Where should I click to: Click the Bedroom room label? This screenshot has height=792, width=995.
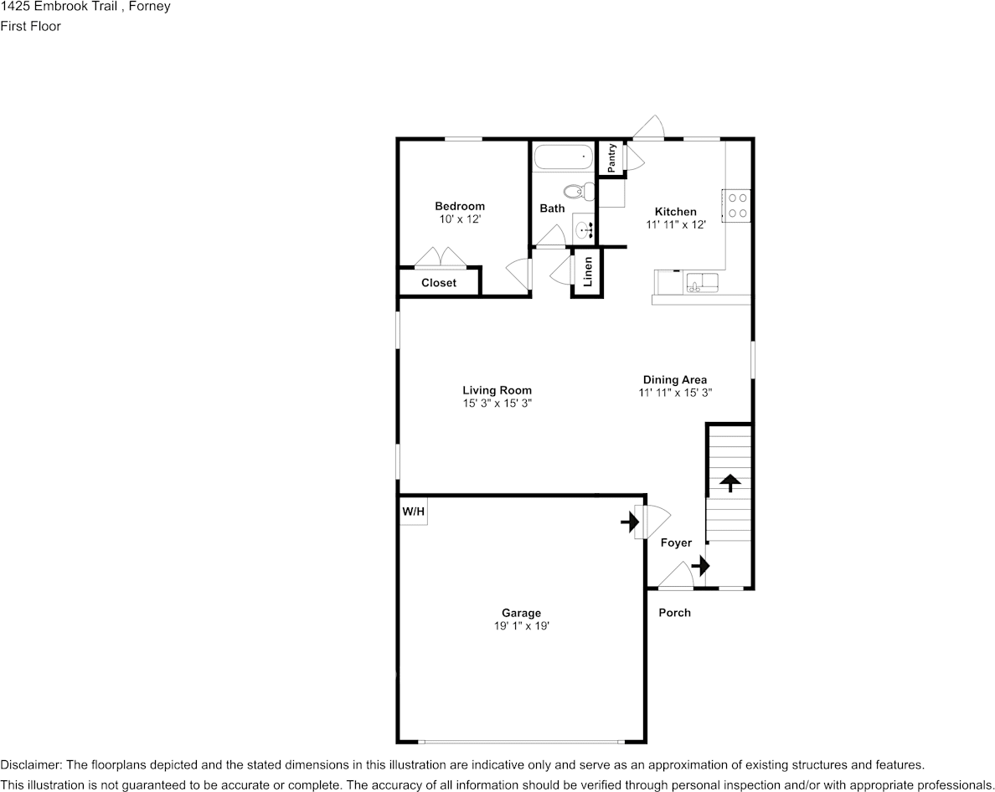coord(459,206)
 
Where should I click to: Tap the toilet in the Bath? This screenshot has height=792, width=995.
coord(579,192)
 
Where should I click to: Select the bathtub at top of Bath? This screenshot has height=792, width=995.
coord(563,157)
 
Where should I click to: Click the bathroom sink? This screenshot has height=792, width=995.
coord(584,227)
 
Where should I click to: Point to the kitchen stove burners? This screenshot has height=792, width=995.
coord(738,206)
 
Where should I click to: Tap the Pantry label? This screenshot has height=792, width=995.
coord(612,158)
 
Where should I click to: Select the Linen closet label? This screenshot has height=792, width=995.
coord(588,271)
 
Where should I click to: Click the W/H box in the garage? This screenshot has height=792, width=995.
coord(413,512)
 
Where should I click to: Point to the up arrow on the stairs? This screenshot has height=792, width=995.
coord(729,482)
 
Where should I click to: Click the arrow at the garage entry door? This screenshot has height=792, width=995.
coord(627,522)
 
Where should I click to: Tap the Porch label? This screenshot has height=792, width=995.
coord(674,613)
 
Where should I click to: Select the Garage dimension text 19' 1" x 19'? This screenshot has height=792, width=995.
coord(521,626)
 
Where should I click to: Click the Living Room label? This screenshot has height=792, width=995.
coord(497,390)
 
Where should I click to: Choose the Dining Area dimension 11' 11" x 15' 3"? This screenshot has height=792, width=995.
coord(675,392)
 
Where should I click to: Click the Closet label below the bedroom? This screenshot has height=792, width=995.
coord(439,283)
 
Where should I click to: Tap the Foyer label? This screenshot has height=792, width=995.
coord(676,543)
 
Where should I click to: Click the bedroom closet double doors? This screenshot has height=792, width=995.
coord(441,256)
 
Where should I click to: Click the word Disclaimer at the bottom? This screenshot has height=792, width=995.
coord(29,764)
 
